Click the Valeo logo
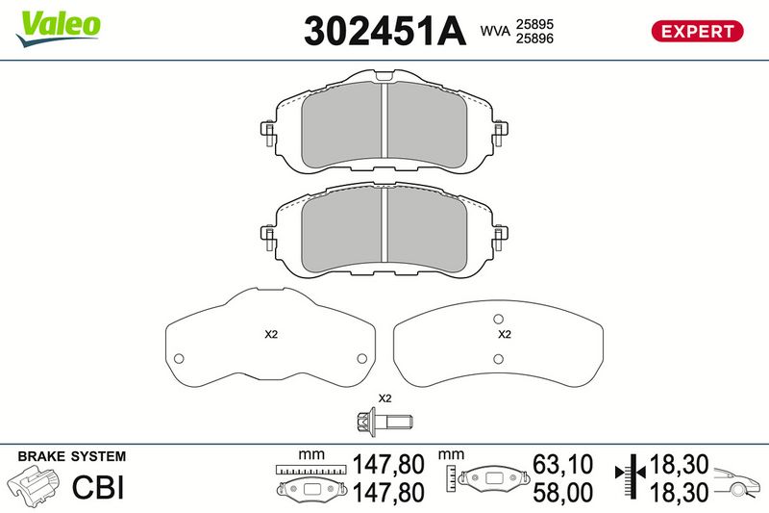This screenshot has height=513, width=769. [x=58, y=28]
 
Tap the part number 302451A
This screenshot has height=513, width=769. [x=385, y=31]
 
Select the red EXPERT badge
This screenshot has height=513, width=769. [x=697, y=32]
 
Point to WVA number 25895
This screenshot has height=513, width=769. [x=534, y=24]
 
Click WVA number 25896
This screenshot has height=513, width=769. [x=534, y=38]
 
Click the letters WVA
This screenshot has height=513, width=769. [x=495, y=32]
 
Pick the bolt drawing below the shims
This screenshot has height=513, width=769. [x=384, y=422]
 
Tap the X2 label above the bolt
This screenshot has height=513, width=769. [x=385, y=398]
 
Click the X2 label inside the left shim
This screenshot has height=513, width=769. [x=271, y=334]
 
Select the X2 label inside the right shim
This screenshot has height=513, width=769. [x=505, y=334]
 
